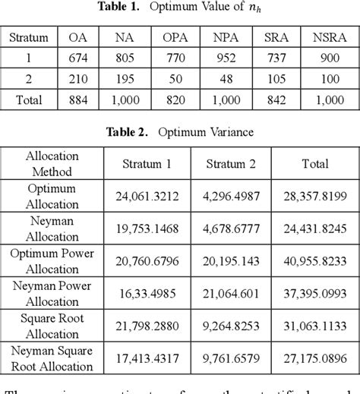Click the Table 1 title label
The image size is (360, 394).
(x=180, y=9)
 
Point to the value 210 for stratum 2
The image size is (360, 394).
(x=79, y=78)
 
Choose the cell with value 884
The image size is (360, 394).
(x=79, y=99)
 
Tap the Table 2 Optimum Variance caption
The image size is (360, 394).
(x=180, y=131)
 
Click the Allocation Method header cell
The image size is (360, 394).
(x=47, y=164)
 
